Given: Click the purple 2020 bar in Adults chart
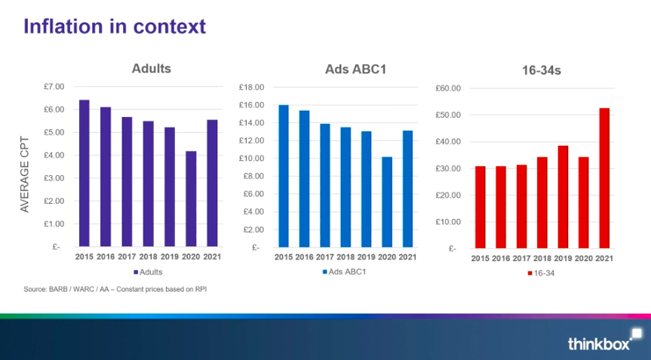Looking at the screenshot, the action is coord(191,199).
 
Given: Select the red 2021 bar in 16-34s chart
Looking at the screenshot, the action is coord(604,178).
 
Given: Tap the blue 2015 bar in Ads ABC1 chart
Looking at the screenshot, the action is coord(284,176).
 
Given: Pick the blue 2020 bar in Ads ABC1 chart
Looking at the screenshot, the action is coord(387,202).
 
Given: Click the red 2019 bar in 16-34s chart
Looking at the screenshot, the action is coord(563,197).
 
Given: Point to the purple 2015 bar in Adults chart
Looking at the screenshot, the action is coord(84,173).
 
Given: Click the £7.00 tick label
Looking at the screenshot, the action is coord(54,86).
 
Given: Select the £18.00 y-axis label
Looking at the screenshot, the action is coord(252,88).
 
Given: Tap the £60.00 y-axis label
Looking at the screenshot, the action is coord(448,88).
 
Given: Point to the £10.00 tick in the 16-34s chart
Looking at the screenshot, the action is coord(448,222).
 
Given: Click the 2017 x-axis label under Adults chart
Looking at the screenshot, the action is coord(127,257).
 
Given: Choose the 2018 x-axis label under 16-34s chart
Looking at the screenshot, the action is coord(542,258).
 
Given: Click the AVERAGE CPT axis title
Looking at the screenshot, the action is coord(25,174).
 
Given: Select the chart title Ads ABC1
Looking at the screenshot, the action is coord(356,69).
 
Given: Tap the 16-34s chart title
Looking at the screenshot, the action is coord(542,70).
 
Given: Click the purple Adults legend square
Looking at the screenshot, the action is coord(136,272).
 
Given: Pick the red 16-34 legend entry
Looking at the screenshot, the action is coord(541,273).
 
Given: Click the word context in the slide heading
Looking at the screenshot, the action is coord(170,26).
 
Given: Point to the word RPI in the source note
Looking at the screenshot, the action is coord(201,289).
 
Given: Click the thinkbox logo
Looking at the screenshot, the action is coord(605,340).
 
